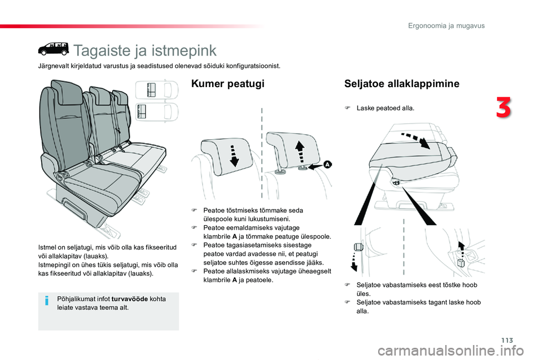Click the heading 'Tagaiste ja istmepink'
(x=145, y=50)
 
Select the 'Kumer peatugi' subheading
(x=227, y=84)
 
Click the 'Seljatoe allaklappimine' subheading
(x=401, y=84)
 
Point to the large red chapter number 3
(x=504, y=108)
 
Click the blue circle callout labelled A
(x=328, y=165)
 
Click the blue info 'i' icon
(x=47, y=300)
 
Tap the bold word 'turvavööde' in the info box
(x=130, y=299)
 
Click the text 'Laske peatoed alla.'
(x=385, y=108)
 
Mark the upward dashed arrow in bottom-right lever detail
(x=460, y=252)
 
